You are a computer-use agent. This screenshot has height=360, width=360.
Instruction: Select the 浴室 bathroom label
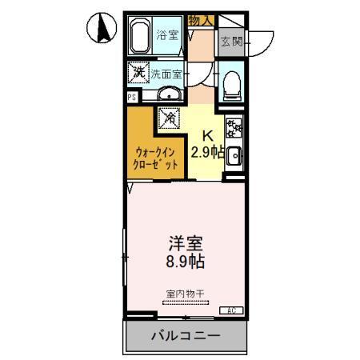click(167, 34)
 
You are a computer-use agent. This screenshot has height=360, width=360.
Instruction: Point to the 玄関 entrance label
click(231, 41)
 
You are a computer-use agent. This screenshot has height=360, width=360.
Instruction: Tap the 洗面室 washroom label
click(167, 74)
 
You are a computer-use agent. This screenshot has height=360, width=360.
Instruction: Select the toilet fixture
click(230, 83)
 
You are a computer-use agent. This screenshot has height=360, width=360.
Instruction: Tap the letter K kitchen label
click(206, 135)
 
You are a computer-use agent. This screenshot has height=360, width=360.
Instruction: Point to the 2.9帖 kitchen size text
click(206, 150)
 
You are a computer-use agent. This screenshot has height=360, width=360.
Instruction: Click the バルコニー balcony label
click(185, 336)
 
